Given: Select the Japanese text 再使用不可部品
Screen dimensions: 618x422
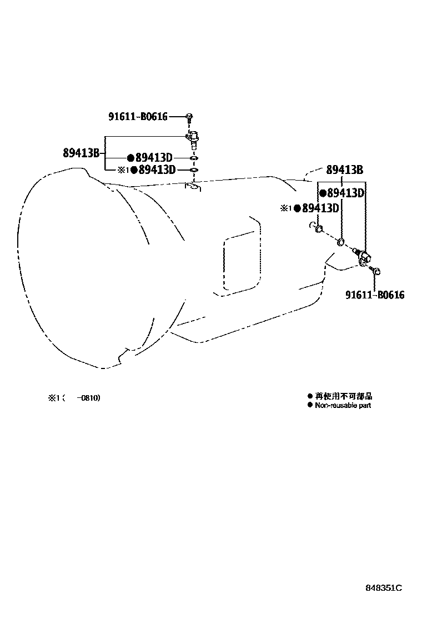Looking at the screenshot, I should tap(344, 396).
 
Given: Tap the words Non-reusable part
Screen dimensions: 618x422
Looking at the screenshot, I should tap(343, 406).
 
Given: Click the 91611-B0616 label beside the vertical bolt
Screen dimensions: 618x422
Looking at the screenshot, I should tap(138, 117).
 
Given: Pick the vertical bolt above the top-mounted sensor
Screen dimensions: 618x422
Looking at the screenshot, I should tap(189, 117).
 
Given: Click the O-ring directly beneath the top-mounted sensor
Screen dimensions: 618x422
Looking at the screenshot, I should tap(193, 158).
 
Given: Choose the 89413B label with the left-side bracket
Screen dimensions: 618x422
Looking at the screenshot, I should tap(81, 153).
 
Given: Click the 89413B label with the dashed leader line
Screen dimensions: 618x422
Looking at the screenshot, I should tap(344, 170).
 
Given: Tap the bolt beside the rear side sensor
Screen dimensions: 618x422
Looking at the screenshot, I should tap(376, 271).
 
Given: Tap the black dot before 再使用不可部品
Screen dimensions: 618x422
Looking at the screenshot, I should tap(310, 396).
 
